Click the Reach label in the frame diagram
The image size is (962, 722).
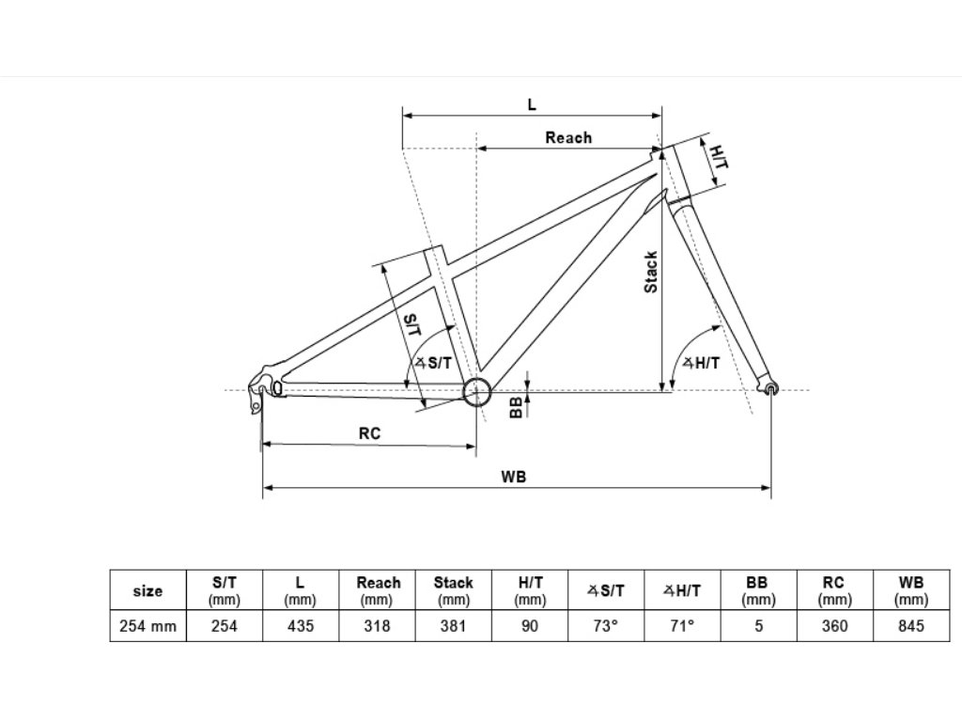pyautogui.click(x=568, y=138)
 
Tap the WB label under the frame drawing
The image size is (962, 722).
pyautogui.click(x=514, y=477)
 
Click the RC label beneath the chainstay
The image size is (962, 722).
pyautogui.click(x=369, y=434)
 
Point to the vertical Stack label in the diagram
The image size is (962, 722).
pyautogui.click(x=651, y=273)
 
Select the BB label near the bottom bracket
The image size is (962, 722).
pyautogui.click(x=516, y=406)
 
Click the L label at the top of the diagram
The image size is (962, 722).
pyautogui.click(x=532, y=104)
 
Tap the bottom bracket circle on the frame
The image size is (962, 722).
pyautogui.click(x=476, y=391)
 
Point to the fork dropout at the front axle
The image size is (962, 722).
pyautogui.click(x=772, y=387)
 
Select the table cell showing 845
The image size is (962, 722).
pyautogui.click(x=910, y=626)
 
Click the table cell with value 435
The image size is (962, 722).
pyautogui.click(x=300, y=626)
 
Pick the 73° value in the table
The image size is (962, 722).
pyautogui.click(x=606, y=626)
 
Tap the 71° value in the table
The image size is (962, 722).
pyautogui.click(x=682, y=626)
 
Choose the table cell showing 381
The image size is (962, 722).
pyautogui.click(x=453, y=626)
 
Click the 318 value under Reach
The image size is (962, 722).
pyautogui.click(x=377, y=626)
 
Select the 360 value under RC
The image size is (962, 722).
pyautogui.click(x=833, y=626)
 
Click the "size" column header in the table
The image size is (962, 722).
pyautogui.click(x=147, y=591)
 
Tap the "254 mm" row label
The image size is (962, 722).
pyautogui.click(x=147, y=626)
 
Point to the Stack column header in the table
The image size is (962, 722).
pyautogui.click(x=453, y=590)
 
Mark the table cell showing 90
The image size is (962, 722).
pyautogui.click(x=530, y=626)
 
